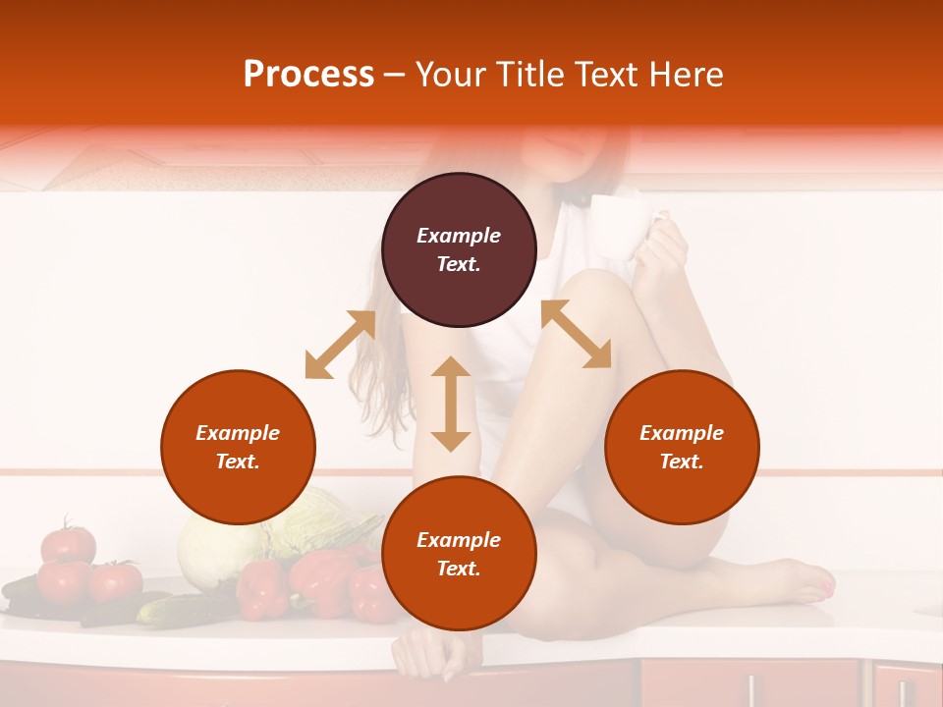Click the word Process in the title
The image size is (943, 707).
pos(308,75)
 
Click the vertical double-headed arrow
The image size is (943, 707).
pos(451,404)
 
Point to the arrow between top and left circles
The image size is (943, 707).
pos(340,345)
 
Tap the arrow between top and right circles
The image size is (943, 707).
pos(577,334)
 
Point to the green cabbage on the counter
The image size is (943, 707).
pos(211,550)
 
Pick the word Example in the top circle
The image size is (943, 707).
pos(459,236)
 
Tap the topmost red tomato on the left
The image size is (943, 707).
pos(69,543)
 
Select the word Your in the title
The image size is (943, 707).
pos(452,75)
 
